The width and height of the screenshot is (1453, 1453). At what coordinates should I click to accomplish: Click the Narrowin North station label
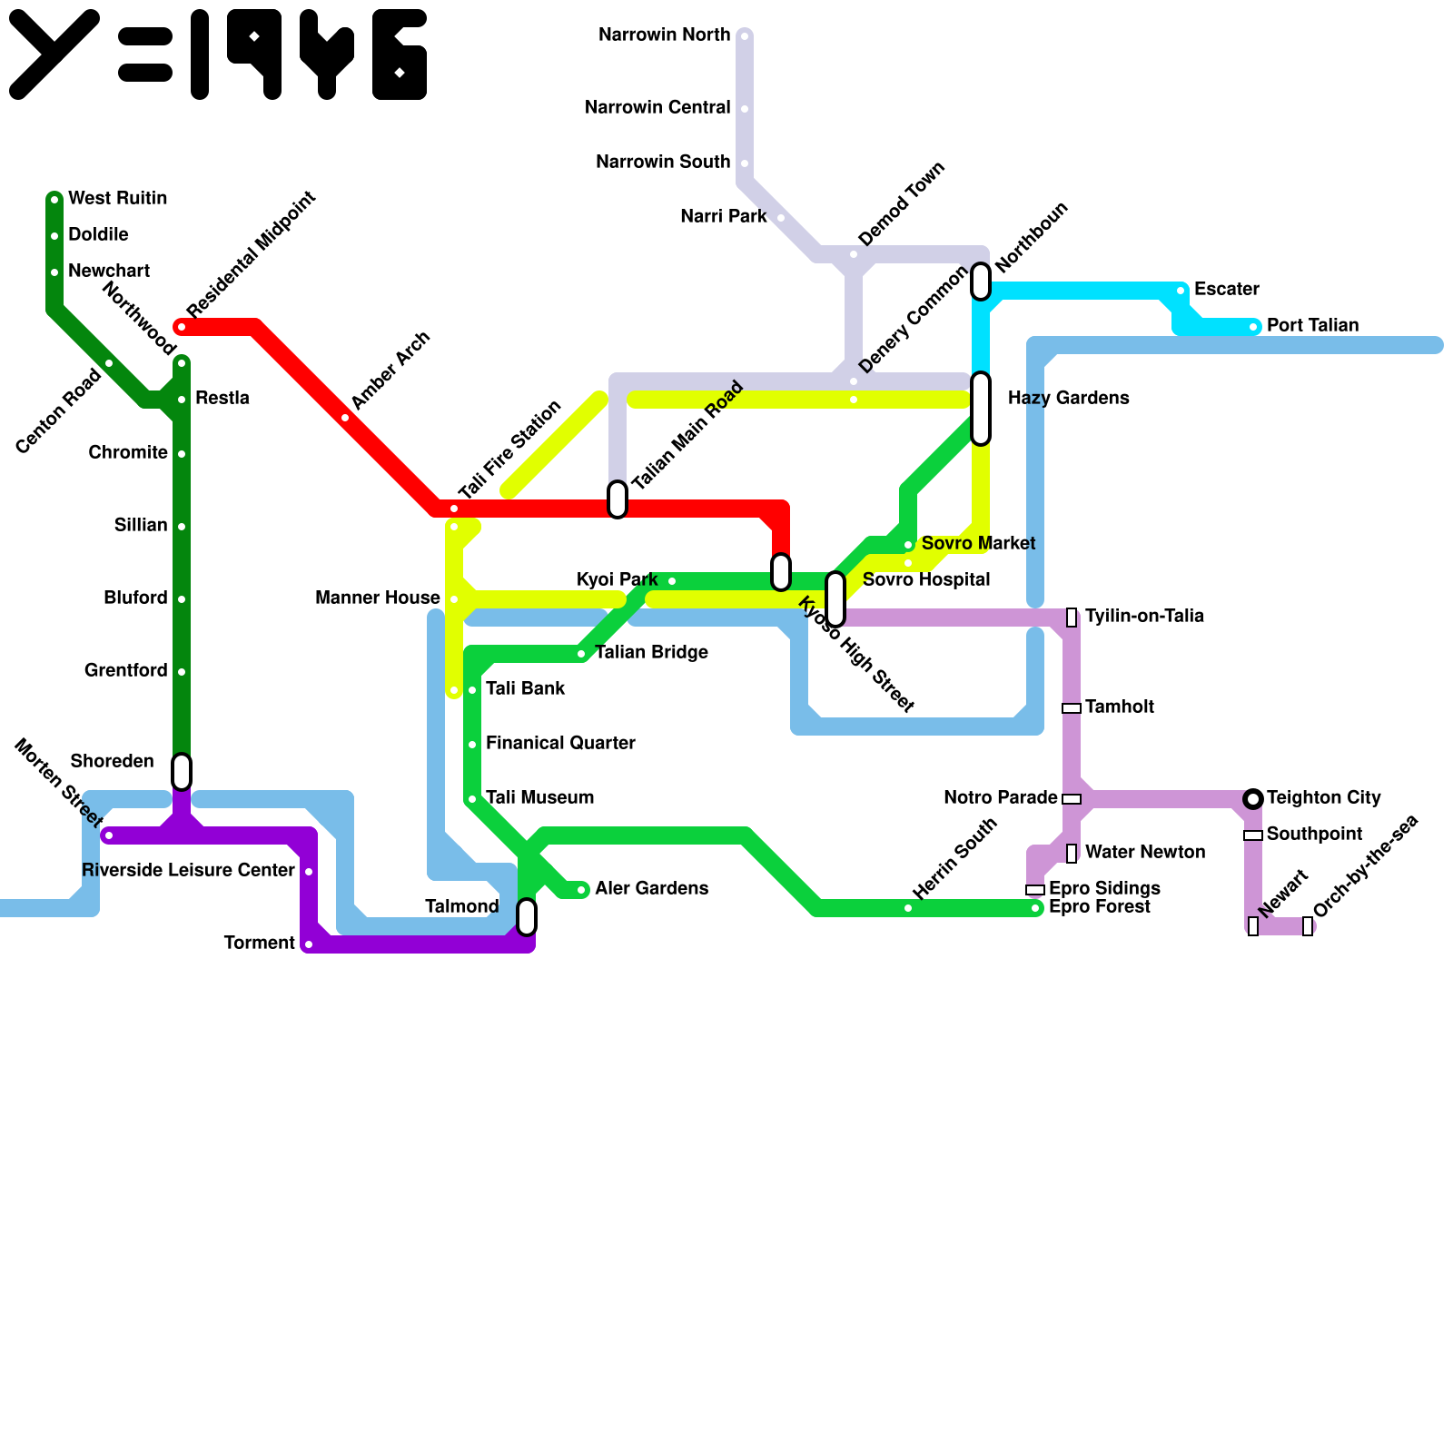tap(664, 35)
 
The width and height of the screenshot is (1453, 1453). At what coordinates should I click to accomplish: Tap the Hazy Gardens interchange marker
tap(981, 409)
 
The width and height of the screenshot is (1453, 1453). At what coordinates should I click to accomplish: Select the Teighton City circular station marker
tap(1253, 799)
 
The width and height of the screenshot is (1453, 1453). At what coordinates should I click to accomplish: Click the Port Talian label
tap(1312, 326)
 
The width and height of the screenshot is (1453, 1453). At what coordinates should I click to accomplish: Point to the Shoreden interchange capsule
tap(182, 772)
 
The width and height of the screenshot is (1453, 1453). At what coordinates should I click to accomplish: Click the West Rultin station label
tap(117, 199)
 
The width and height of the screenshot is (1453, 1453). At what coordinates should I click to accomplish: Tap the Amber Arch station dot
tap(345, 418)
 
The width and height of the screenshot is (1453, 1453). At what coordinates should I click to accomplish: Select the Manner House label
tap(377, 598)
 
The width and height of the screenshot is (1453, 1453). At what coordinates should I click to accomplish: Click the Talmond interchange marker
tap(527, 917)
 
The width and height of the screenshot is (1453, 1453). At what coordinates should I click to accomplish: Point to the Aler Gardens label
tap(651, 889)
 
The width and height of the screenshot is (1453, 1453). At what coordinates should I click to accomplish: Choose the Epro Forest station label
tap(1099, 907)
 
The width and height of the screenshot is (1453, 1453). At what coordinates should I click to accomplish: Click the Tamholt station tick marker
tap(1072, 708)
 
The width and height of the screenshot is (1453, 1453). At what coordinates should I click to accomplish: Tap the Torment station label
tap(259, 944)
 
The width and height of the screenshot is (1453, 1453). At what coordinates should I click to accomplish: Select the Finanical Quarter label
tap(560, 744)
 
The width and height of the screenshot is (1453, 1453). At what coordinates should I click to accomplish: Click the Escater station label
tap(1226, 290)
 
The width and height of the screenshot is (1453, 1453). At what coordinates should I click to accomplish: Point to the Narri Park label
tap(723, 217)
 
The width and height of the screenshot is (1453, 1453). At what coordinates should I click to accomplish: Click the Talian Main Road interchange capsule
tap(618, 499)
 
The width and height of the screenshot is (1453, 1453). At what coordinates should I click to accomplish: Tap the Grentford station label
tap(125, 671)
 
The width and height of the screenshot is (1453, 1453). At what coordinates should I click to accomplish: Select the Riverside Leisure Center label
tap(188, 871)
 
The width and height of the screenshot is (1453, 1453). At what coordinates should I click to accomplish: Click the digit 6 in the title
tap(400, 54)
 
